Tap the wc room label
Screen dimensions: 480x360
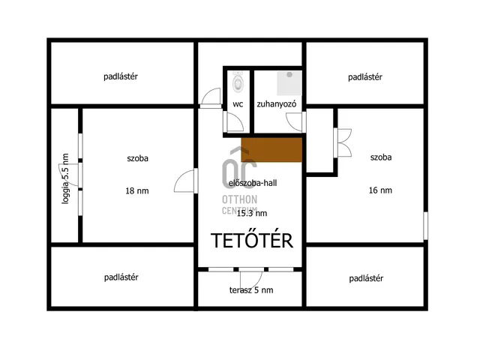coord(238,104)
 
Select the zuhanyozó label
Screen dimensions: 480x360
coord(277,104)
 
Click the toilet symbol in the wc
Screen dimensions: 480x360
coord(238,82)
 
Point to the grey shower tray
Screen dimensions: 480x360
coord(289,83)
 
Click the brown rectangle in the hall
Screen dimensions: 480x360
coord(271,150)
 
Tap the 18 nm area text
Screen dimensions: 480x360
coord(137,191)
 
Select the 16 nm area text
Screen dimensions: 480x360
coord(380,190)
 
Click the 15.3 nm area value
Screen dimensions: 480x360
coord(252,213)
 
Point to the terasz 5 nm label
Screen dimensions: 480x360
coord(251,290)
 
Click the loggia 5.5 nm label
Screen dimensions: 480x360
coord(65,178)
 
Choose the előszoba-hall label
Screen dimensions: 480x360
coord(253,183)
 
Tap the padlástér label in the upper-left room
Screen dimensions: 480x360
coord(121,76)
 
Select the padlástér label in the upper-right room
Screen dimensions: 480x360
coord(365,77)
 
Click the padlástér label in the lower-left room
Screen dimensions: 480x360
coord(121,277)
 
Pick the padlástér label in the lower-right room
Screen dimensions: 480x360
coord(366,278)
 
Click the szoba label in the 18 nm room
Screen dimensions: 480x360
coord(138,158)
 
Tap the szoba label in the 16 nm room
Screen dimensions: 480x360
coord(381,157)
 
